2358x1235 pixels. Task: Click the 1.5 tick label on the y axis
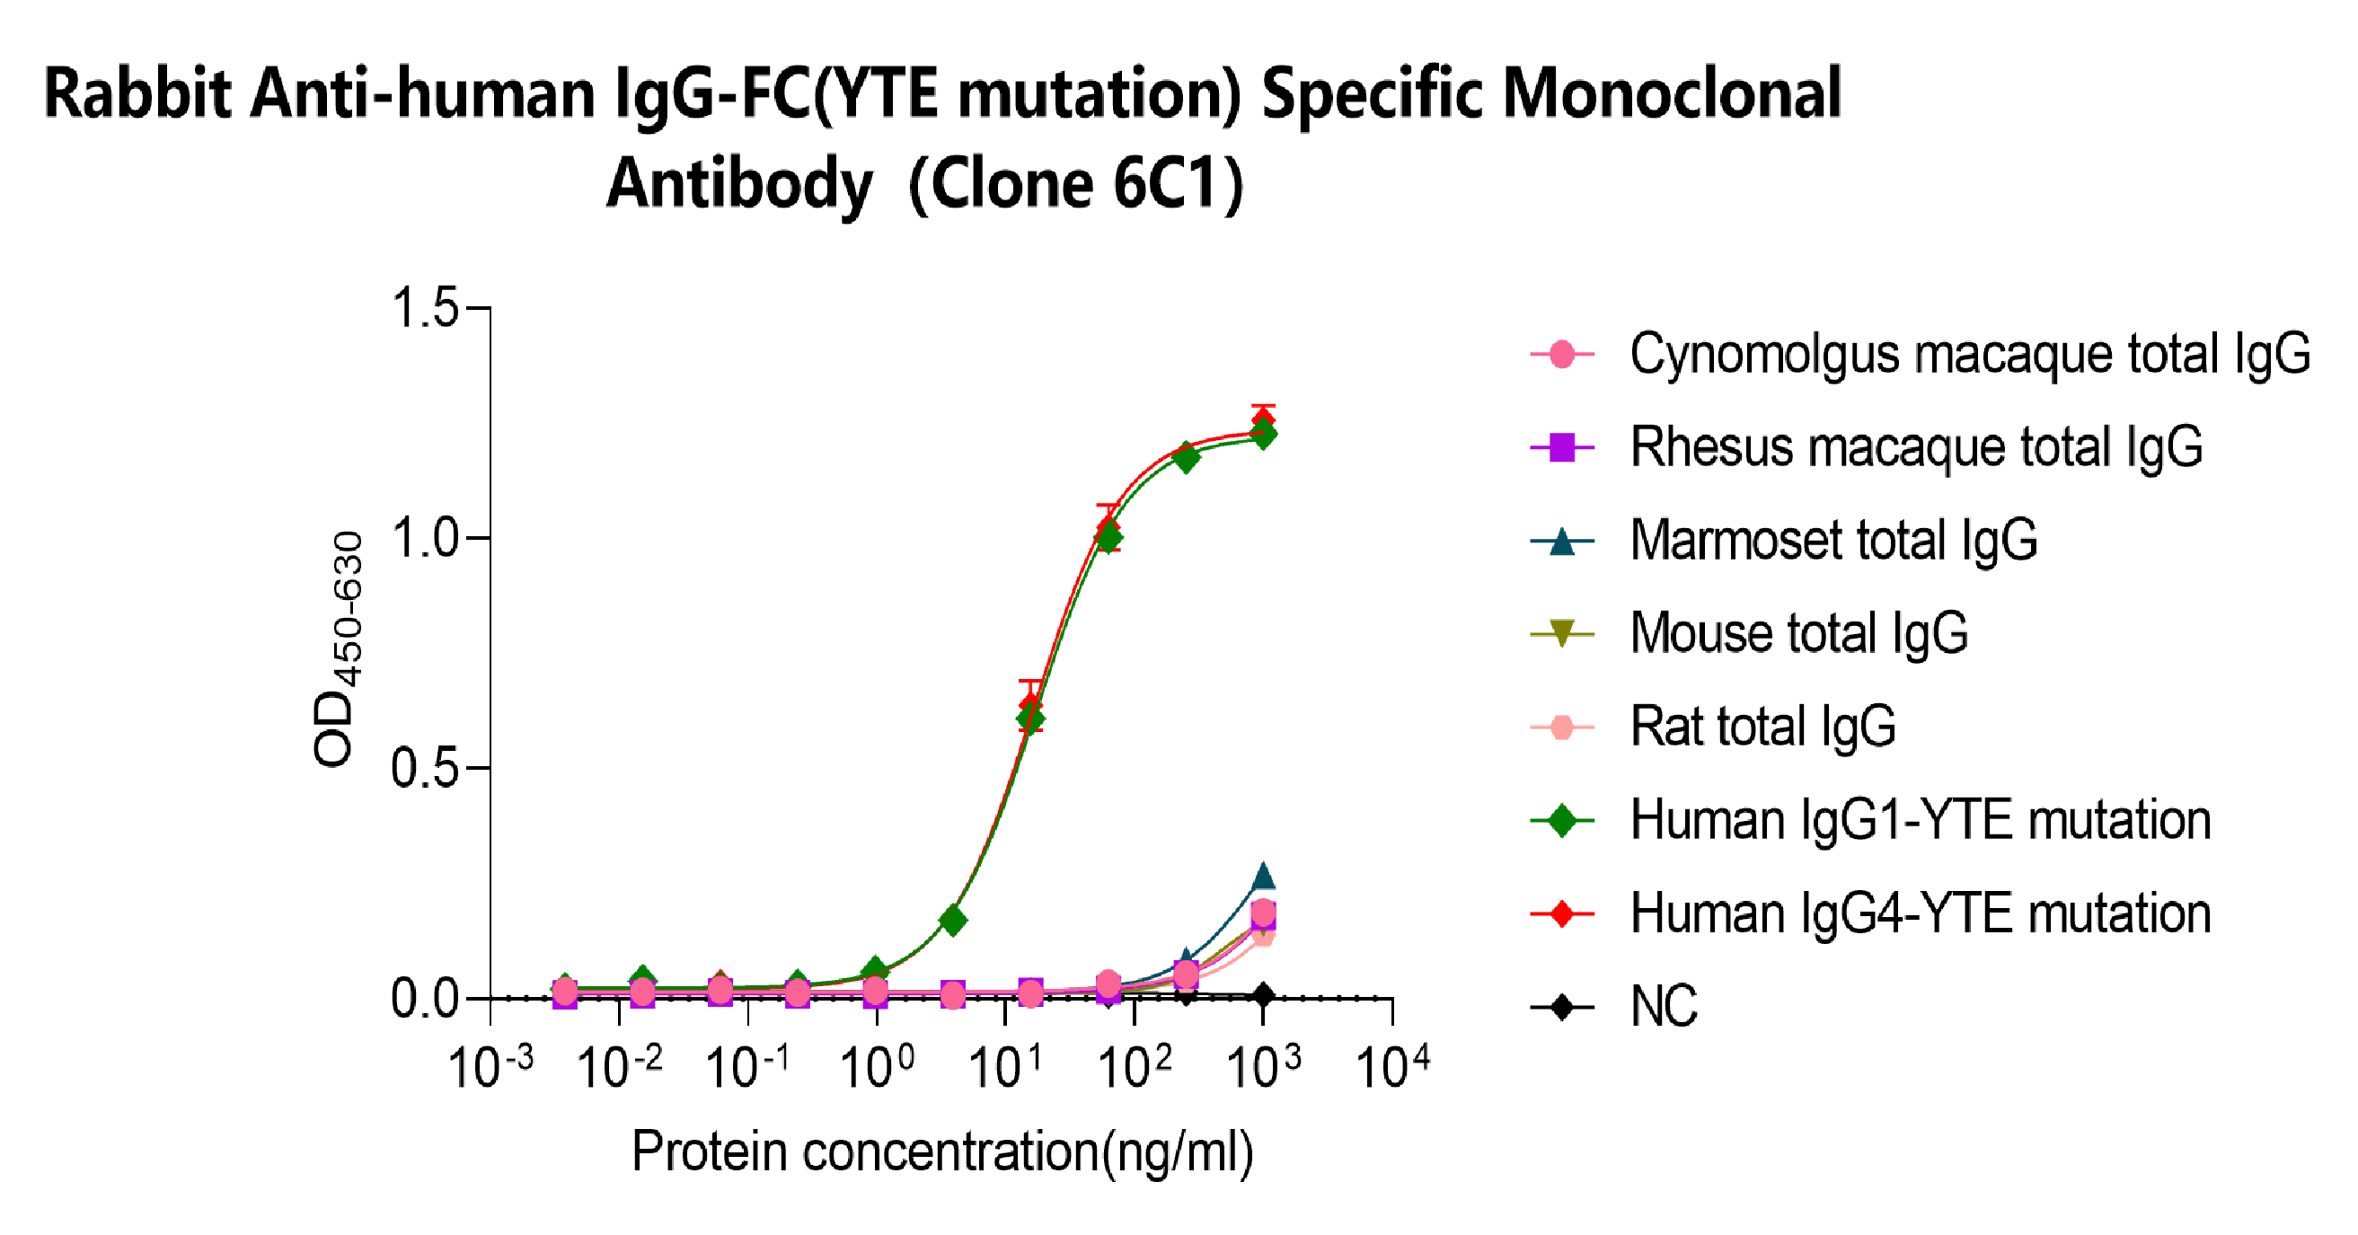click(x=424, y=306)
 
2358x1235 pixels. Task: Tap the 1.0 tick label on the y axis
click(x=424, y=537)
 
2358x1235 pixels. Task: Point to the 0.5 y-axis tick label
click(x=424, y=768)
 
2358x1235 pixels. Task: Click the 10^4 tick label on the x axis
click(x=1391, y=1067)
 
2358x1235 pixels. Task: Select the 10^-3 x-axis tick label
click(x=490, y=1067)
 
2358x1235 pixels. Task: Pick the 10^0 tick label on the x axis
click(x=876, y=1067)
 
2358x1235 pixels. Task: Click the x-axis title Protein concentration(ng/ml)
click(x=942, y=1151)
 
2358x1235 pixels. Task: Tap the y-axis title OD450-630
click(x=339, y=650)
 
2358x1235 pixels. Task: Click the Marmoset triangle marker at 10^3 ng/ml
click(x=1263, y=876)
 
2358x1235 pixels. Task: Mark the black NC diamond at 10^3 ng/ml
click(x=1263, y=995)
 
